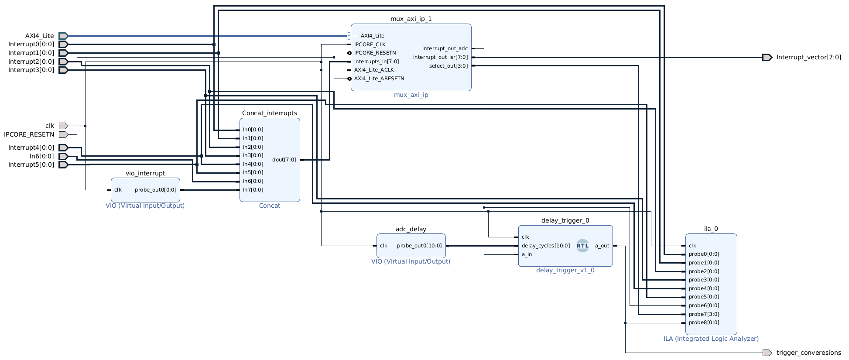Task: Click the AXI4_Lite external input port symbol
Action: tap(63, 36)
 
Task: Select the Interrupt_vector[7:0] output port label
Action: tap(808, 57)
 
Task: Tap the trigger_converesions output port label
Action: tap(808, 353)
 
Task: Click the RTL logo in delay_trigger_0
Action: tap(582, 246)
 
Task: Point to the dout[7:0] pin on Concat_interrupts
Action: tap(284, 160)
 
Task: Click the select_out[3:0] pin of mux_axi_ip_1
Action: tap(448, 66)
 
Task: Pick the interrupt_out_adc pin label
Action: tap(445, 48)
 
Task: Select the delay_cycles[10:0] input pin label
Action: tap(545, 246)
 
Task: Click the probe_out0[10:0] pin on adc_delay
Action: tap(419, 246)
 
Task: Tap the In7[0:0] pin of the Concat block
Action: tap(253, 190)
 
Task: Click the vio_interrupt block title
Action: tap(145, 173)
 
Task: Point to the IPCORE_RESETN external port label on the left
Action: tap(29, 134)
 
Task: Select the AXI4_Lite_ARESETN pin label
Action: tap(379, 79)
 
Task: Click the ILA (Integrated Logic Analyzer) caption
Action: tap(711, 339)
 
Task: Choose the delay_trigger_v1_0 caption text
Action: tap(565, 270)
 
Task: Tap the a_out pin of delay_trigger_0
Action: tap(602, 246)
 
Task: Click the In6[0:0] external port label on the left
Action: tap(42, 156)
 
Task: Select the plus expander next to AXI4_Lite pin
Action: tap(355, 36)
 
